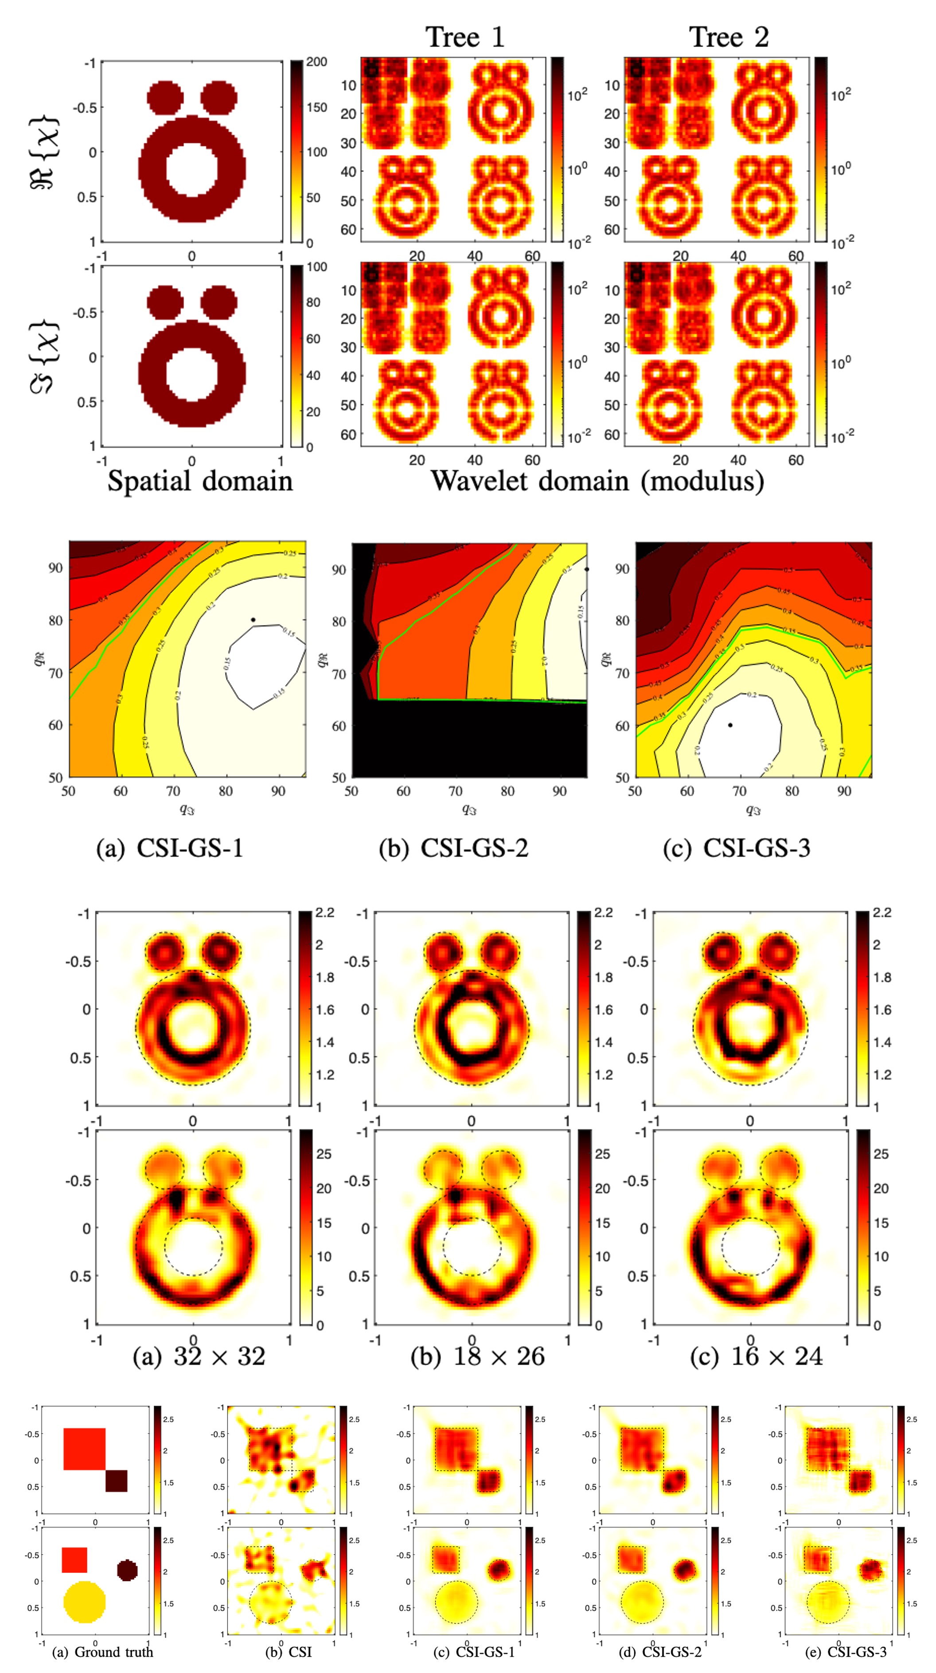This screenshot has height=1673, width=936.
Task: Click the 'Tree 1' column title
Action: coord(464,37)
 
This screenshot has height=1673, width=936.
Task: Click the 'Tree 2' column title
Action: coord(728,37)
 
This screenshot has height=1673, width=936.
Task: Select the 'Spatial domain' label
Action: coord(199,481)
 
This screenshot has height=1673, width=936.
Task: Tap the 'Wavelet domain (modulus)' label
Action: coord(597,481)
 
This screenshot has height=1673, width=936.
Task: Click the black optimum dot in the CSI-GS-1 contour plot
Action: coord(253,619)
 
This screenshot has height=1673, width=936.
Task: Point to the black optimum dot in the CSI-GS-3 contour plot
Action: coord(730,725)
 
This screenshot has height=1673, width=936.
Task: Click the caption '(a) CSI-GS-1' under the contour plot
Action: coord(170,848)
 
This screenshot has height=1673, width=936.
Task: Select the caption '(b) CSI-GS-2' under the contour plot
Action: coord(453,848)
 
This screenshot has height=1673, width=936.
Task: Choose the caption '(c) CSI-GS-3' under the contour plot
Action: coord(737,848)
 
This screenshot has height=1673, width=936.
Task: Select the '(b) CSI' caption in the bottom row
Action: coord(289,1652)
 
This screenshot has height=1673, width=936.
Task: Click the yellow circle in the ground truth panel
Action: coord(85,1602)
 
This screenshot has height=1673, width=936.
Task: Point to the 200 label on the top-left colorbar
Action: coord(316,62)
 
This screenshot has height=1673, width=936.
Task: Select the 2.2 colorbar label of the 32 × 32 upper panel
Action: coord(325,913)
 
